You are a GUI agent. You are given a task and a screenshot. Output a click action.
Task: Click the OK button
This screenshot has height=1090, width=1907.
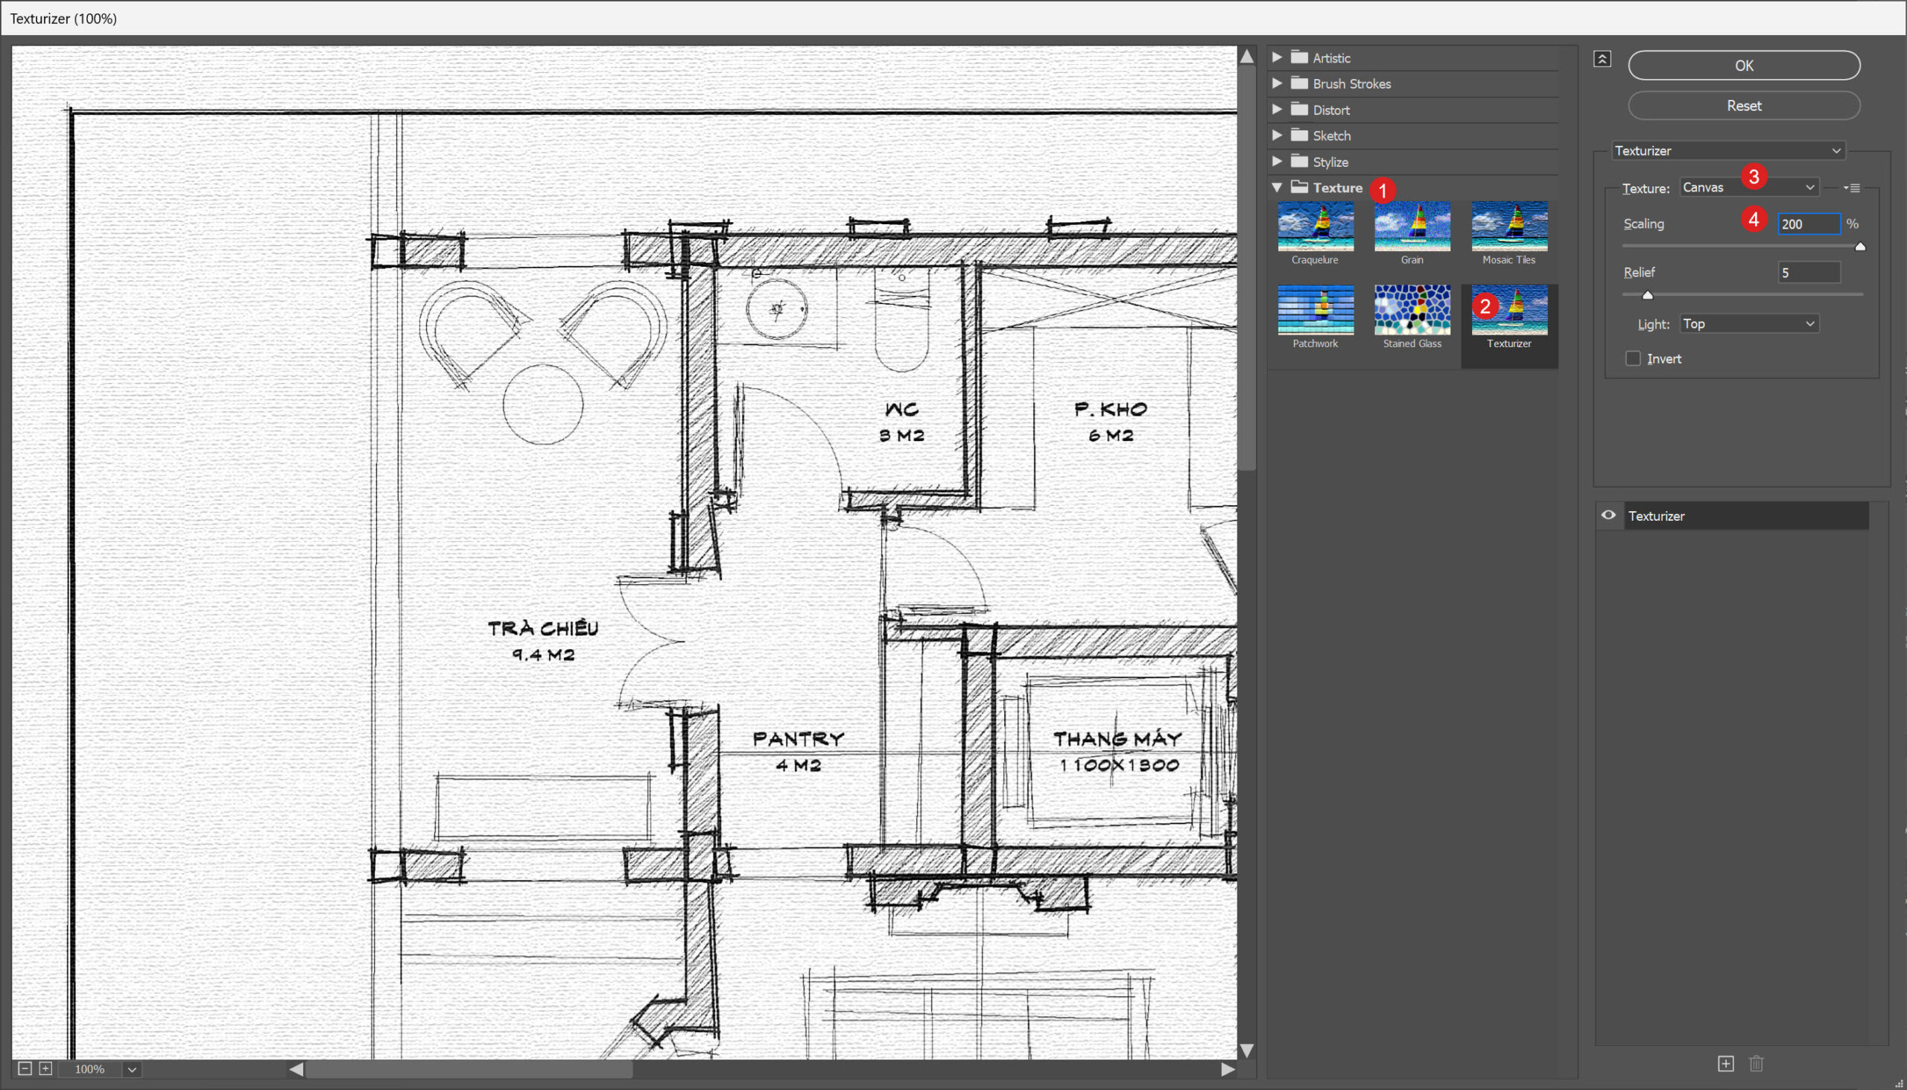[x=1743, y=66]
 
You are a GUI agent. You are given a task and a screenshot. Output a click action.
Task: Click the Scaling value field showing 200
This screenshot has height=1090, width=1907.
[x=1808, y=224]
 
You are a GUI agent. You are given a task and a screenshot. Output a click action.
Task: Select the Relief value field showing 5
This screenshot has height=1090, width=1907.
[x=1808, y=273]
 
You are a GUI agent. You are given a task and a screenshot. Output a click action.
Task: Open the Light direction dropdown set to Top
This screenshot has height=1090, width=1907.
[x=1748, y=323]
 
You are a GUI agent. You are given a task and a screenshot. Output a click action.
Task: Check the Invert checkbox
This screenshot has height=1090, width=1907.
[x=1632, y=358]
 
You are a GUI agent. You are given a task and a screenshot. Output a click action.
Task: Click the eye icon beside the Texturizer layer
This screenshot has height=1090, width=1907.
[x=1608, y=515]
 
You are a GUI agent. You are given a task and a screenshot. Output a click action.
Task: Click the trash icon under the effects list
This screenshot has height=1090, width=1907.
[x=1756, y=1063]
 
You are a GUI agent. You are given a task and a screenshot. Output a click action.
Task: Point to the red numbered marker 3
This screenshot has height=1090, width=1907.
[x=1753, y=177]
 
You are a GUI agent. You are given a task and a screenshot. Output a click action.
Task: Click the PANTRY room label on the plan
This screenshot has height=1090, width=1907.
[x=799, y=739]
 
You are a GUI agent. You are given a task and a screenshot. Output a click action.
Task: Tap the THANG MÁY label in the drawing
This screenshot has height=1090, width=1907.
[x=1117, y=739]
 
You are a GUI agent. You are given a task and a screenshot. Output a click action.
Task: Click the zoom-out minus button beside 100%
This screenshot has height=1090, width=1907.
[x=25, y=1068]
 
